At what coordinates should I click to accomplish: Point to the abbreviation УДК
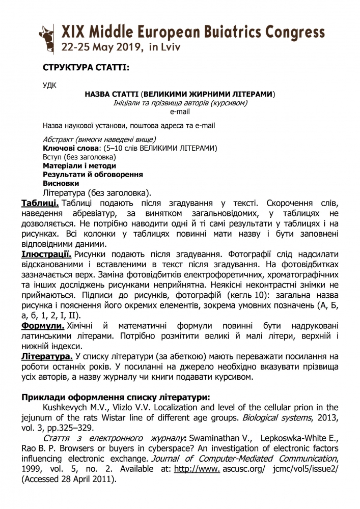pyautogui.click(x=50, y=85)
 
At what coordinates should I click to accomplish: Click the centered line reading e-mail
pyautogui.click(x=180, y=111)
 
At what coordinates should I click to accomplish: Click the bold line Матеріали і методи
pyautogui.click(x=79, y=165)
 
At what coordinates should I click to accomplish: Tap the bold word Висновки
pyautogui.click(x=61, y=183)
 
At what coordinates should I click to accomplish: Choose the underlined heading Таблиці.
pyautogui.click(x=40, y=204)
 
